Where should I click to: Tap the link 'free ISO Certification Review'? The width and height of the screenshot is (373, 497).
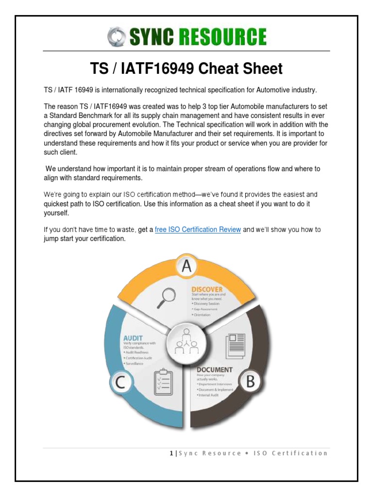(198, 230)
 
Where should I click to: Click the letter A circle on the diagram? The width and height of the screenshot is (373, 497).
(186, 266)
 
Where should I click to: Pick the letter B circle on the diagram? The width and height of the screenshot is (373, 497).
(250, 382)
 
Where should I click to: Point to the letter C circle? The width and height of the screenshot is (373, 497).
(122, 383)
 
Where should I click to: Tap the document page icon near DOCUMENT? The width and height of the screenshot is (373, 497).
(236, 346)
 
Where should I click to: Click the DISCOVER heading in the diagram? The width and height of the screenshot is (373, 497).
(207, 289)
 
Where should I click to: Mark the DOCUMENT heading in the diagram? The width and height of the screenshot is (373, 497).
(214, 369)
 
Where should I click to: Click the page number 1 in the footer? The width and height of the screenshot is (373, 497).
(171, 453)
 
